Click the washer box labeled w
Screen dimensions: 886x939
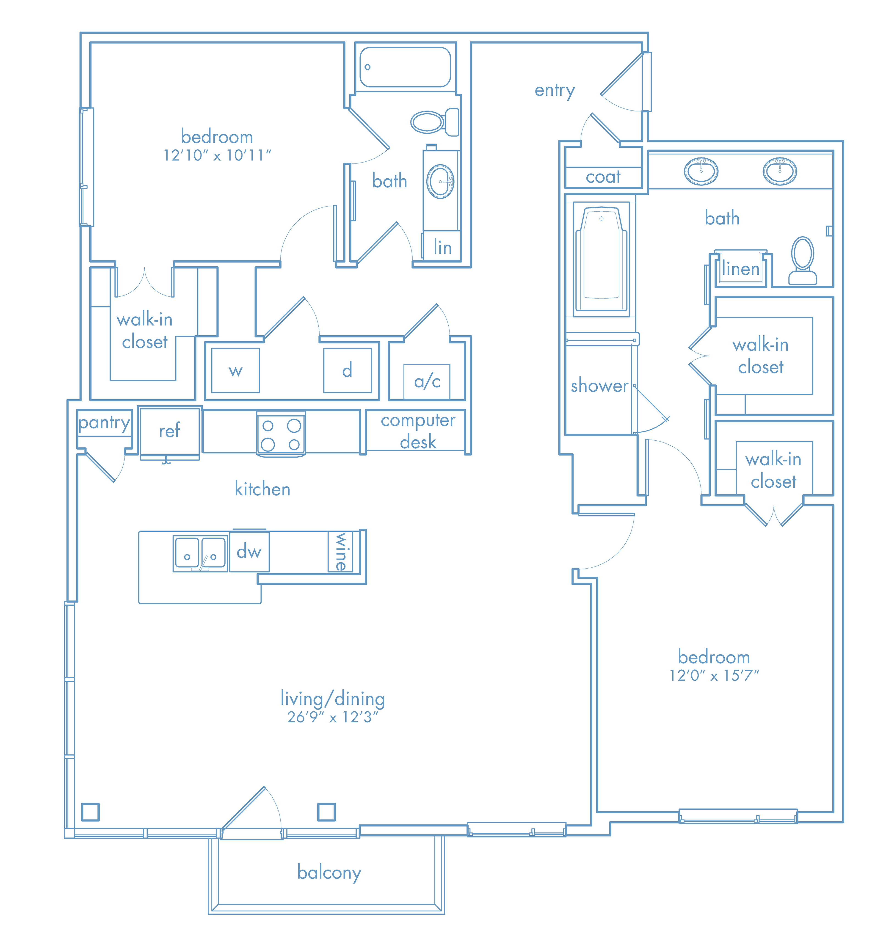click(235, 370)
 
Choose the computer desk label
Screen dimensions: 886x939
click(418, 431)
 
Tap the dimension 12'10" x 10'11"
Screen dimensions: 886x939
click(217, 155)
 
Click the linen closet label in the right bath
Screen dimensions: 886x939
click(740, 269)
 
